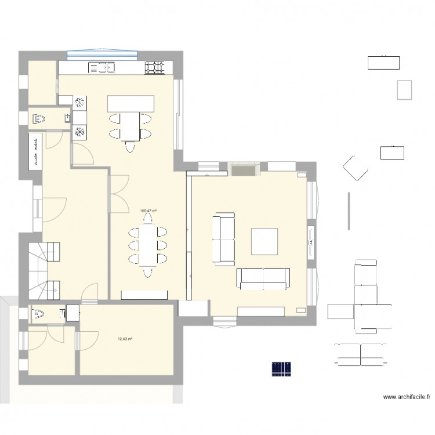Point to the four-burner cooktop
tap(155, 68)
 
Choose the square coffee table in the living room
tap(264, 241)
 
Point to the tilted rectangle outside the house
tap(354, 168)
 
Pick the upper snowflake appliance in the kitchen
tap(79, 103)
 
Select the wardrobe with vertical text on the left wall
tap(35, 150)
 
